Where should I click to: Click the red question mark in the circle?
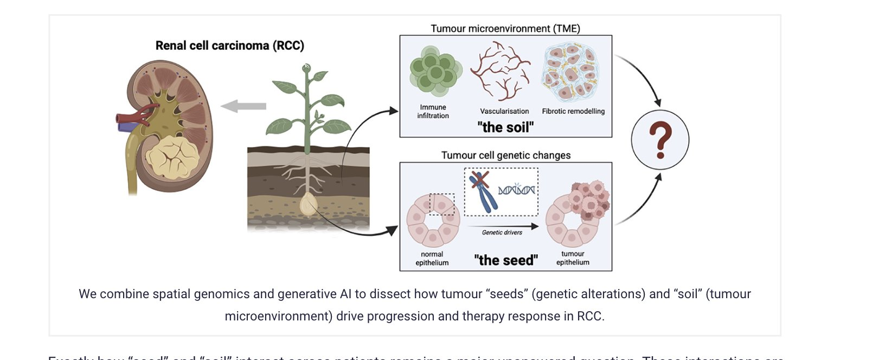tap(660, 140)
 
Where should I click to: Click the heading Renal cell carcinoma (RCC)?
tap(229, 46)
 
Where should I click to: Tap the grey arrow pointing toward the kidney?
tap(243, 106)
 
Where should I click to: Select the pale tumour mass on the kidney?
tap(172, 157)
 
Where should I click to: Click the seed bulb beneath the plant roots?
tap(309, 205)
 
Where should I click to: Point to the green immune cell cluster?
tap(435, 72)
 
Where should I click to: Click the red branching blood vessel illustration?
tap(500, 71)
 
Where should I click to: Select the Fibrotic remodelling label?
tap(573, 111)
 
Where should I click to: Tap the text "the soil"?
tap(505, 127)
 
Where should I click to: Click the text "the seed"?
tap(505, 260)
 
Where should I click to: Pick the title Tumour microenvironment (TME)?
tap(505, 28)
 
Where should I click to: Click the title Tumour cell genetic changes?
tap(505, 155)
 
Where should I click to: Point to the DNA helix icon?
tap(516, 190)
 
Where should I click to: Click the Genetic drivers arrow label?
tap(502, 232)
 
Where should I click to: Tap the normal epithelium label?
tap(432, 258)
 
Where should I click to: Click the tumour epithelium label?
tap(573, 258)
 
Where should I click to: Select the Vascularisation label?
tap(504, 111)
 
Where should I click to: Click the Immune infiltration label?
tap(433, 111)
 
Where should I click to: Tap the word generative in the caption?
tap(309, 294)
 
